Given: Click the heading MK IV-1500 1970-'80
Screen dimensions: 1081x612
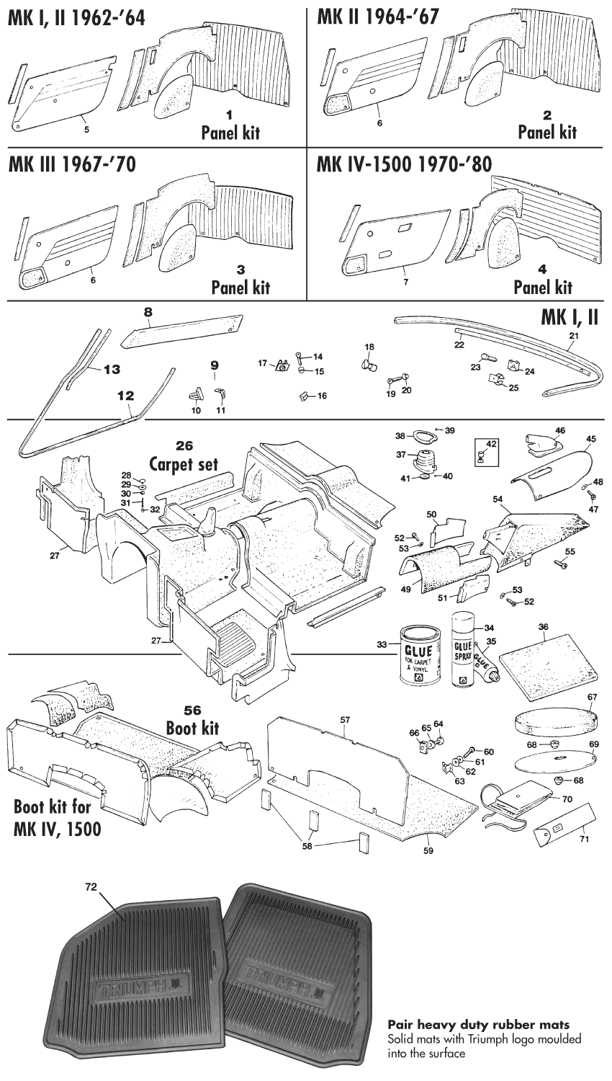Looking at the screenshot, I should [404, 165].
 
